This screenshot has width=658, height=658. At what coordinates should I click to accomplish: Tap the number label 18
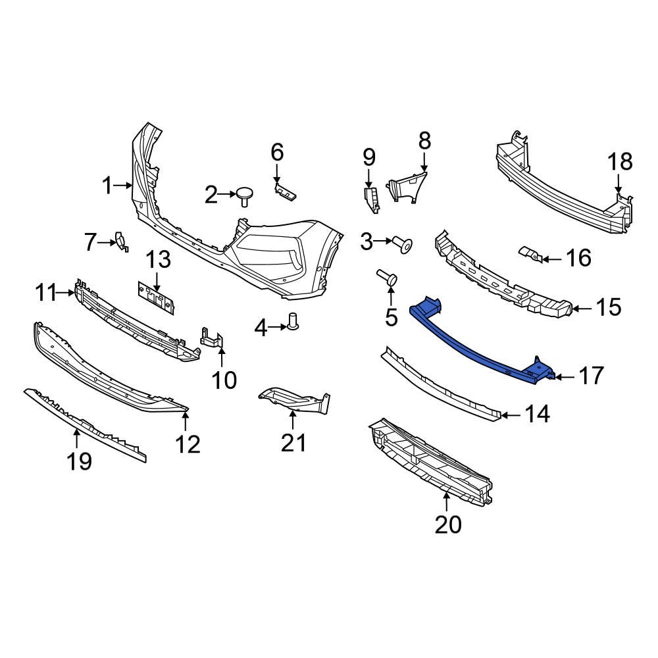coord(619,161)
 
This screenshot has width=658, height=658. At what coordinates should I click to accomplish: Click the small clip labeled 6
coord(286,192)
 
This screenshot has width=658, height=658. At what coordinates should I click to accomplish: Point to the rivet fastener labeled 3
coord(404,245)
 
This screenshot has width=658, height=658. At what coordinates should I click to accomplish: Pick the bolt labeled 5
coord(389,280)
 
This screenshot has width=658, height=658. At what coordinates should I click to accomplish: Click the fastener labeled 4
coord(293,322)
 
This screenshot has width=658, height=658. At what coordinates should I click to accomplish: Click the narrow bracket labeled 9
coord(372,199)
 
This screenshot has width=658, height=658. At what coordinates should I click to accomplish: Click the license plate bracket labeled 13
coord(155,297)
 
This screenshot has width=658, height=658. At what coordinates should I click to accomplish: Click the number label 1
coord(107,186)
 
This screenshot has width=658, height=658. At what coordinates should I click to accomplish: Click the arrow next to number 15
coord(576,307)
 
